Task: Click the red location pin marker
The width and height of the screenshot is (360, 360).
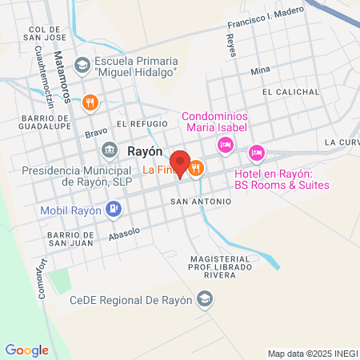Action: click(180, 163)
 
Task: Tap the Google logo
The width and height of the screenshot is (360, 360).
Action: click(26, 350)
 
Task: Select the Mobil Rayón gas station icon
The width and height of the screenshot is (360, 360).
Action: click(114, 210)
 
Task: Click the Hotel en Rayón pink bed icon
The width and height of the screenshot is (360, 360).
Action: click(256, 151)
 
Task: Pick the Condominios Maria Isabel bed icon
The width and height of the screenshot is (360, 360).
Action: click(226, 144)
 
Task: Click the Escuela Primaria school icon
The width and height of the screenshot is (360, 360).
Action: click(82, 64)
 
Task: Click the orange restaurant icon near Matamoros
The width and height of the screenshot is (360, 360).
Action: click(90, 102)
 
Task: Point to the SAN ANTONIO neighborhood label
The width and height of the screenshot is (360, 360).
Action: click(200, 202)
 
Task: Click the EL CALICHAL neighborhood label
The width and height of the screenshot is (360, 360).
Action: click(290, 92)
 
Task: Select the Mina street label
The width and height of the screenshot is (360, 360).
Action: click(260, 70)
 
